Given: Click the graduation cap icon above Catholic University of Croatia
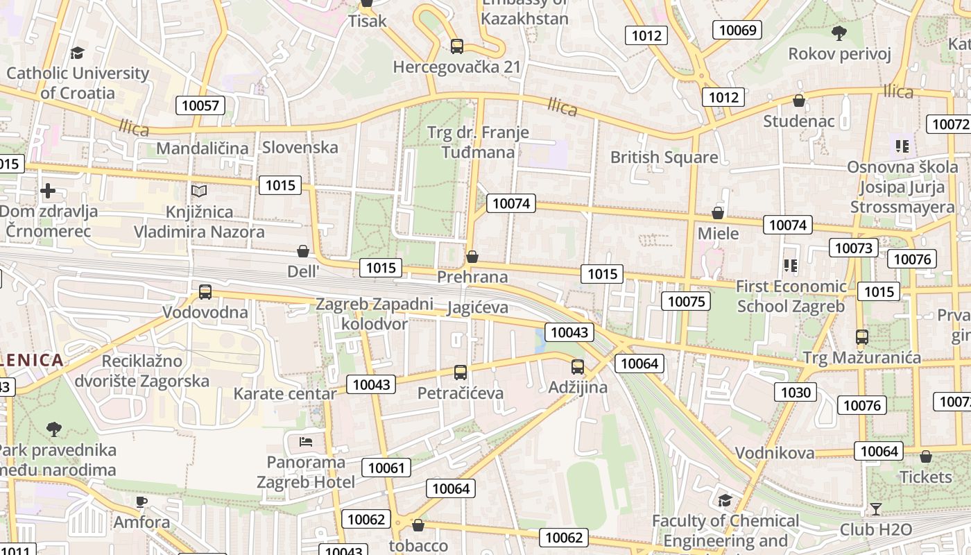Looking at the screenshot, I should [77, 53].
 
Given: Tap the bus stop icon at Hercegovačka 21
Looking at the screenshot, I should [456, 46].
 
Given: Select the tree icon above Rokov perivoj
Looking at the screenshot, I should [839, 33].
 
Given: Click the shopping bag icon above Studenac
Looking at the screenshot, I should [799, 101].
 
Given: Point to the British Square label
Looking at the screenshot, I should [664, 157].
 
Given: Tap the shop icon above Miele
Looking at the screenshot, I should [718, 213].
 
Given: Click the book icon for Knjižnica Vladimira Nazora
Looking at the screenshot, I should [199, 191].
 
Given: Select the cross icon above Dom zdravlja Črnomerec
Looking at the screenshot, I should [48, 191].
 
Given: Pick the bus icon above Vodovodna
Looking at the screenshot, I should [205, 292].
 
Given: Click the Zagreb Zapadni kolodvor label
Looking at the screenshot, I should [375, 314].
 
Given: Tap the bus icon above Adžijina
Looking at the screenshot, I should [578, 367].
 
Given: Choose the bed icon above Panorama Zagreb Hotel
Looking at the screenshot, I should [306, 441].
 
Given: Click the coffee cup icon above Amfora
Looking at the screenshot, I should [141, 502].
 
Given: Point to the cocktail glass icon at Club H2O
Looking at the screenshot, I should [876, 509].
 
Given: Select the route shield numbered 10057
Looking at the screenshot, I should [200, 105].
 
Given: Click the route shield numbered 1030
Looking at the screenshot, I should [796, 393].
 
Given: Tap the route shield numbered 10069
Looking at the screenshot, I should [737, 30].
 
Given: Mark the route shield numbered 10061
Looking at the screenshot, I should [386, 468].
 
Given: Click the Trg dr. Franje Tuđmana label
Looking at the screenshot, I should [479, 142].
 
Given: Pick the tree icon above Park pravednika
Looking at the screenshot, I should [54, 429].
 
